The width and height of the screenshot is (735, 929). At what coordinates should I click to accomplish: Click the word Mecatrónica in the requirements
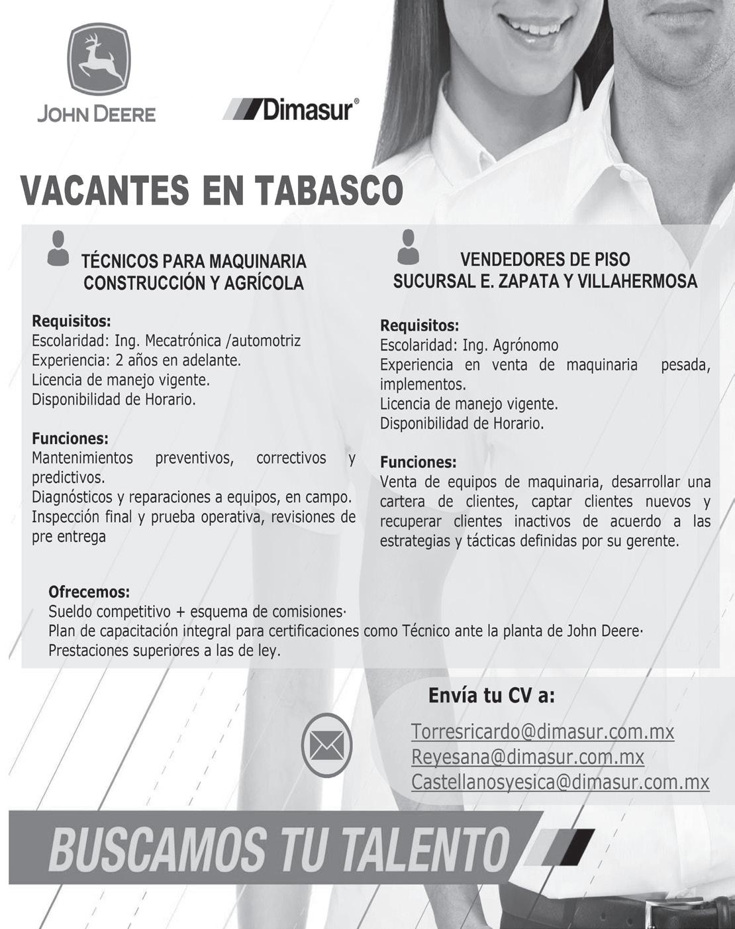[x=183, y=341]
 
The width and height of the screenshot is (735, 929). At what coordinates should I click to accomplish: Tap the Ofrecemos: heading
[x=89, y=591]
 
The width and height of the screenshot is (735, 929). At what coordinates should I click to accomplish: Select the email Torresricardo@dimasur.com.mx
[x=542, y=732]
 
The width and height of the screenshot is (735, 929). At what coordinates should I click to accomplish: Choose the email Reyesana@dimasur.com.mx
[x=527, y=757]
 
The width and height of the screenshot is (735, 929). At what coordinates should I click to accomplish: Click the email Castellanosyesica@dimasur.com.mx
[x=560, y=782]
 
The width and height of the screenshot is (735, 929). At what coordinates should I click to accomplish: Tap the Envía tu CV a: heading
[x=491, y=696]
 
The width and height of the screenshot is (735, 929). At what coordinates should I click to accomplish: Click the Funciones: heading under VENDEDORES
[x=418, y=462]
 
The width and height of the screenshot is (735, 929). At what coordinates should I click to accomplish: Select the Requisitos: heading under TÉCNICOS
[x=72, y=322]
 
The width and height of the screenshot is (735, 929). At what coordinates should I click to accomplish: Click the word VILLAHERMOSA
[x=637, y=282]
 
